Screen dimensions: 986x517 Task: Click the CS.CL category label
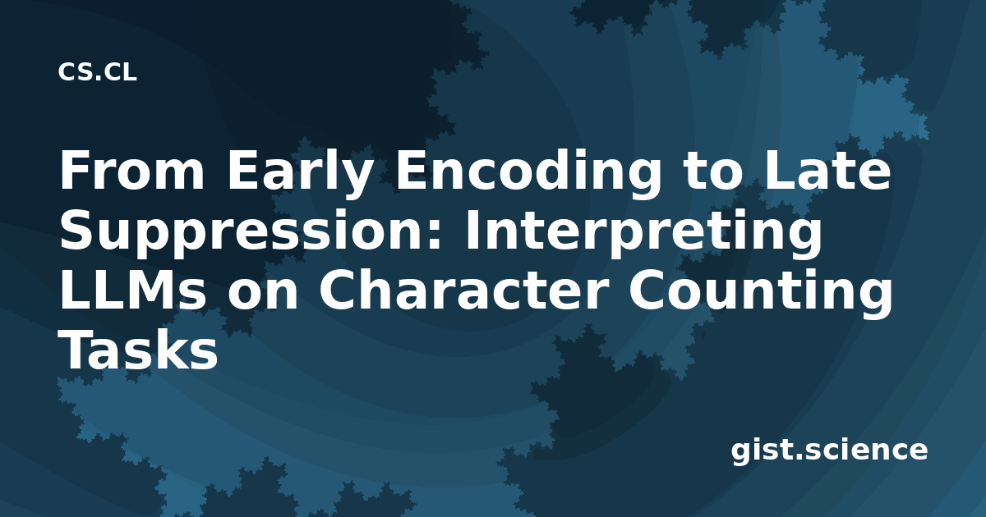(97, 72)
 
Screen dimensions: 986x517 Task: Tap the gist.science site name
(829, 451)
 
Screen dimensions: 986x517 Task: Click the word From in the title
(132, 170)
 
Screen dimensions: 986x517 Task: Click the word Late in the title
(828, 170)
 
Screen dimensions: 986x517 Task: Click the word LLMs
(132, 291)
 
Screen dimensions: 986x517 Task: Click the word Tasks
(138, 350)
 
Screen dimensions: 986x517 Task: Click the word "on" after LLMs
(263, 295)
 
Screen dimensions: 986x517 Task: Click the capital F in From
(75, 170)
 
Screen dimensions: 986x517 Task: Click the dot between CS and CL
(98, 79)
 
